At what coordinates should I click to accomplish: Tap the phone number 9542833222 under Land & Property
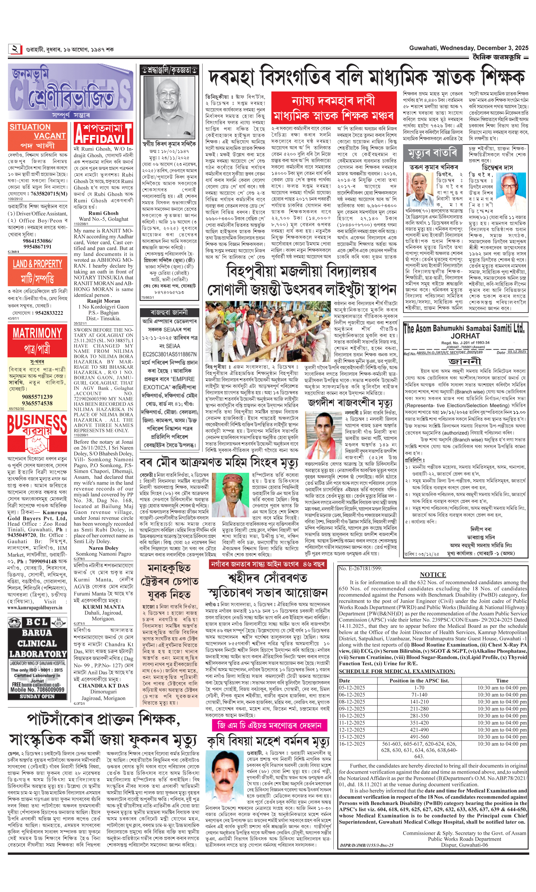47,313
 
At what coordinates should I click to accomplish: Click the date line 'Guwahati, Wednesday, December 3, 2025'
468,48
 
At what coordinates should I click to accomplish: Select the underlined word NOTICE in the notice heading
433,574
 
